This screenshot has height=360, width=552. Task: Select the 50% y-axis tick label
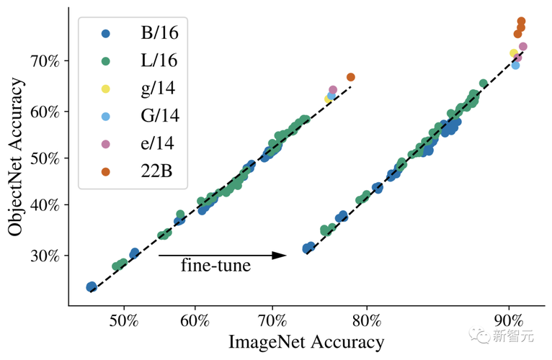44,158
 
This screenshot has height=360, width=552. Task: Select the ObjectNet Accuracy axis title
17,156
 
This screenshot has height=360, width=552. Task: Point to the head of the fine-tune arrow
285,255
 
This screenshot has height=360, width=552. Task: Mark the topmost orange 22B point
522,22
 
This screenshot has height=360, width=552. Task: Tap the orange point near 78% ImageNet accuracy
351,77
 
